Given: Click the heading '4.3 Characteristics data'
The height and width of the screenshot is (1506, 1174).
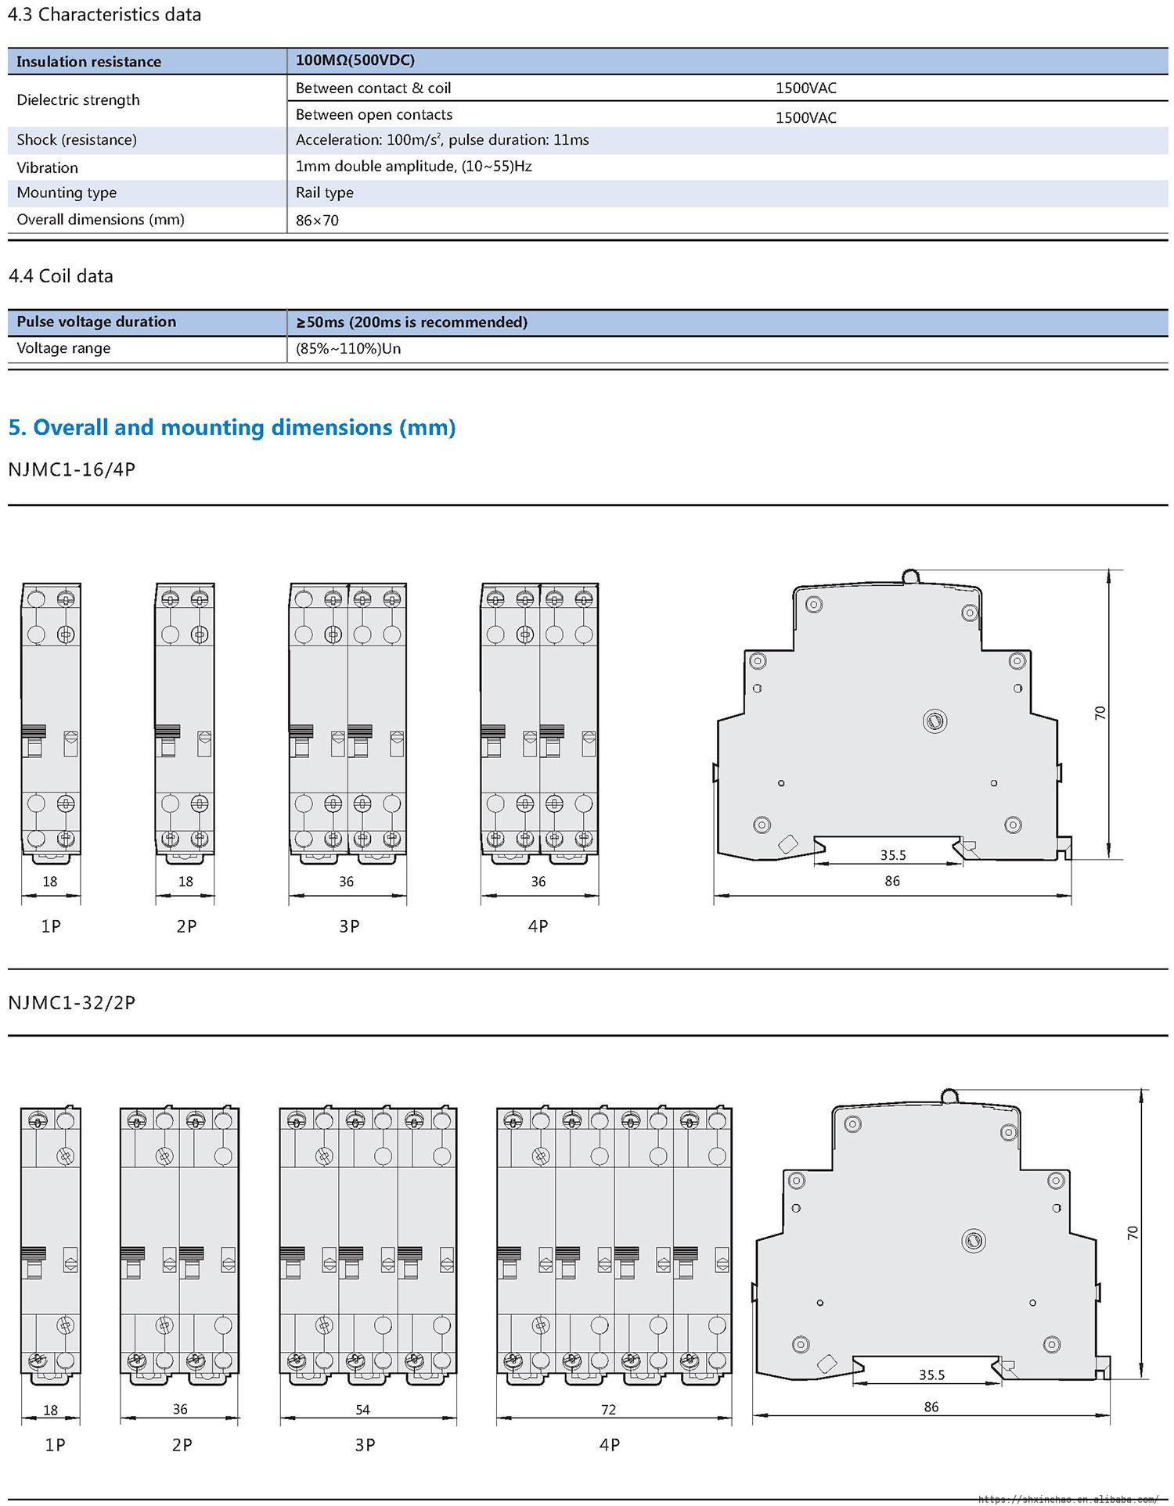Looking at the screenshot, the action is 104,15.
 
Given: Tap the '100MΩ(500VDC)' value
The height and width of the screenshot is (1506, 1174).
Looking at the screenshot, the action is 355,60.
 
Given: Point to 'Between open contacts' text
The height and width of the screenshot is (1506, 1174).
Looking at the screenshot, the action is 374,114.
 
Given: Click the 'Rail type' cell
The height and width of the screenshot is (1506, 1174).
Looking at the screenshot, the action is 325,192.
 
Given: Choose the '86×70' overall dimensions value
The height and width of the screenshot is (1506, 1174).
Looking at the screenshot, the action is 317,221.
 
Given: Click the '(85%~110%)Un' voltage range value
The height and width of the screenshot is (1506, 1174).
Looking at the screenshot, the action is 348,348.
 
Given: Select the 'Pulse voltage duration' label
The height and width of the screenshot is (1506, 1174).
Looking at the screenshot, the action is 96,322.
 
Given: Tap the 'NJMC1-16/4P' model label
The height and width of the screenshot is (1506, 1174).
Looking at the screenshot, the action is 72,469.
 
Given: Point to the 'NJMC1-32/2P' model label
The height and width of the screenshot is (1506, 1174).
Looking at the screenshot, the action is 72,1002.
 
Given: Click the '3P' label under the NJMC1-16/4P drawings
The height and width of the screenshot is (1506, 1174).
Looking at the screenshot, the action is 349,926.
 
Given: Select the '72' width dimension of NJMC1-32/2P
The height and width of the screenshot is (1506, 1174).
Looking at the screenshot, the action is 609,1410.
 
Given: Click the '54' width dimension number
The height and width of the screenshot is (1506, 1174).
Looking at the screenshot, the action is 363,1410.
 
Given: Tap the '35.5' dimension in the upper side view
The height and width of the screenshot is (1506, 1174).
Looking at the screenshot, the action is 893,855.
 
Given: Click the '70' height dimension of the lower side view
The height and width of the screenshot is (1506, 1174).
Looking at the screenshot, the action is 1133,1233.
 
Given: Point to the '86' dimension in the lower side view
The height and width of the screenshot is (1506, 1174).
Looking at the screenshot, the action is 931,1407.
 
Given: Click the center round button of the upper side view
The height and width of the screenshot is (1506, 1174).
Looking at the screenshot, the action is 935,721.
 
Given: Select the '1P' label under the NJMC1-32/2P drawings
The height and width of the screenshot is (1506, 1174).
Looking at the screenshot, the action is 55,1445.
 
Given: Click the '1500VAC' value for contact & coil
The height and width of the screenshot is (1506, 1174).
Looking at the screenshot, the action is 806,88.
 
